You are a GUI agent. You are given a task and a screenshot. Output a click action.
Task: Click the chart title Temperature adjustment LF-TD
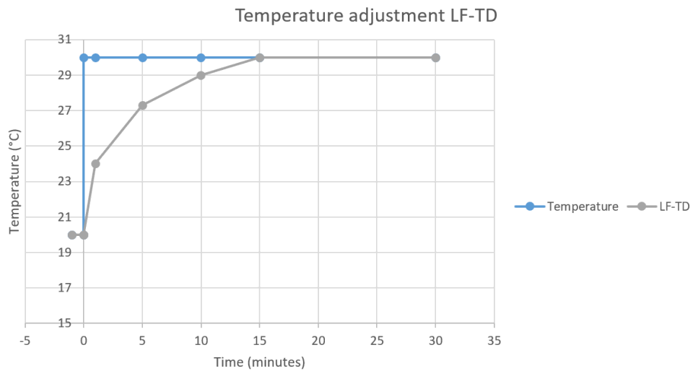(x=366, y=14)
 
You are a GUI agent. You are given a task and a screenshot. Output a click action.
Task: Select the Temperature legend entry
(x=583, y=206)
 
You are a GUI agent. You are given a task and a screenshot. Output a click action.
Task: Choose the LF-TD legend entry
(x=675, y=206)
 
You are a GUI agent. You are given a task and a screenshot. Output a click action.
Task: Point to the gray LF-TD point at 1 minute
(x=95, y=164)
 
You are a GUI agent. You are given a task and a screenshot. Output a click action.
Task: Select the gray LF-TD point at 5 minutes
(x=143, y=105)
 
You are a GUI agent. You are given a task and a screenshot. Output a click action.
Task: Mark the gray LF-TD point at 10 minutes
(x=201, y=75)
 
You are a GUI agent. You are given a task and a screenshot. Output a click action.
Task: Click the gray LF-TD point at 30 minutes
(x=435, y=58)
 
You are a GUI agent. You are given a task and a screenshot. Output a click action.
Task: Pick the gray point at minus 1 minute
(x=72, y=235)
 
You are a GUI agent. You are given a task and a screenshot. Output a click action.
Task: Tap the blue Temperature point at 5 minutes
(x=143, y=58)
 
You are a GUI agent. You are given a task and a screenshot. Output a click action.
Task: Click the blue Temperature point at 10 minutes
(x=201, y=58)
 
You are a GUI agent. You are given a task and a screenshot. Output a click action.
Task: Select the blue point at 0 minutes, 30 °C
(x=84, y=58)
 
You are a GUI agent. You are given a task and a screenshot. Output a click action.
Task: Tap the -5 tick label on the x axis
(x=25, y=338)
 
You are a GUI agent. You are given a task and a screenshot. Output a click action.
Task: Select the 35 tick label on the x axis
(x=494, y=338)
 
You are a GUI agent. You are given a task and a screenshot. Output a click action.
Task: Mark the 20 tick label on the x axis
(x=318, y=338)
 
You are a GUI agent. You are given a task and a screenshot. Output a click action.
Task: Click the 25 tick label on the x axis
(x=377, y=338)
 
